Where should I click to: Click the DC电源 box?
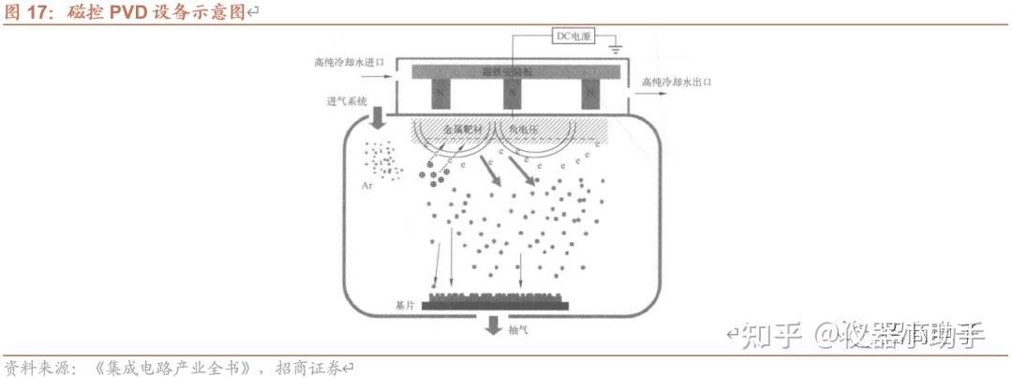tap(573, 36)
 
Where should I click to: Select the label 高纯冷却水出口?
tap(677, 83)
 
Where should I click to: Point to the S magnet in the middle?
tap(513, 93)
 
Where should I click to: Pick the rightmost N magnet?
tap(589, 93)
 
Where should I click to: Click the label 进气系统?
tap(347, 100)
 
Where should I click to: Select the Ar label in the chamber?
tap(366, 186)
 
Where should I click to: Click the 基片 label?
tap(405, 306)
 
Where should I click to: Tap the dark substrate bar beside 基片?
tap(495, 305)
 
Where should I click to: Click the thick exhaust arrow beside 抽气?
tap(491, 325)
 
